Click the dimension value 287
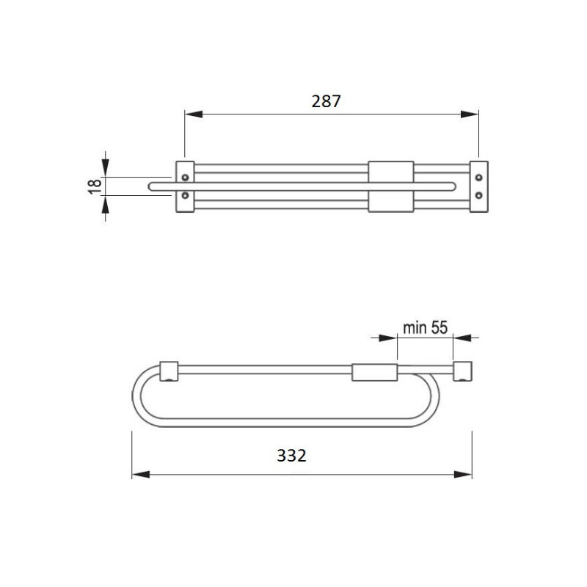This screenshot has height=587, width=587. coord(327,101)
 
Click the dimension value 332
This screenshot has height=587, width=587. coord(291,455)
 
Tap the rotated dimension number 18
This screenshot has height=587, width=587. coord(94,186)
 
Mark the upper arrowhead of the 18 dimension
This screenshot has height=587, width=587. coord(106,169)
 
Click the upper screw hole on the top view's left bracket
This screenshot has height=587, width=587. coord(185,177)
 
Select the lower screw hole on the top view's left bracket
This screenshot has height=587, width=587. coord(185,195)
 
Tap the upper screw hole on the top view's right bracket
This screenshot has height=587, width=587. coord(479,177)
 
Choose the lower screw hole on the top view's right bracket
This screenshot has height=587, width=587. coord(479,195)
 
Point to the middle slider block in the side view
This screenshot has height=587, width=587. coord(374,373)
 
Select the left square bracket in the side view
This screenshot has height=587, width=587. coord(169,371)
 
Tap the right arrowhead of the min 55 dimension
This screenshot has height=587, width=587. coord(461,338)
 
